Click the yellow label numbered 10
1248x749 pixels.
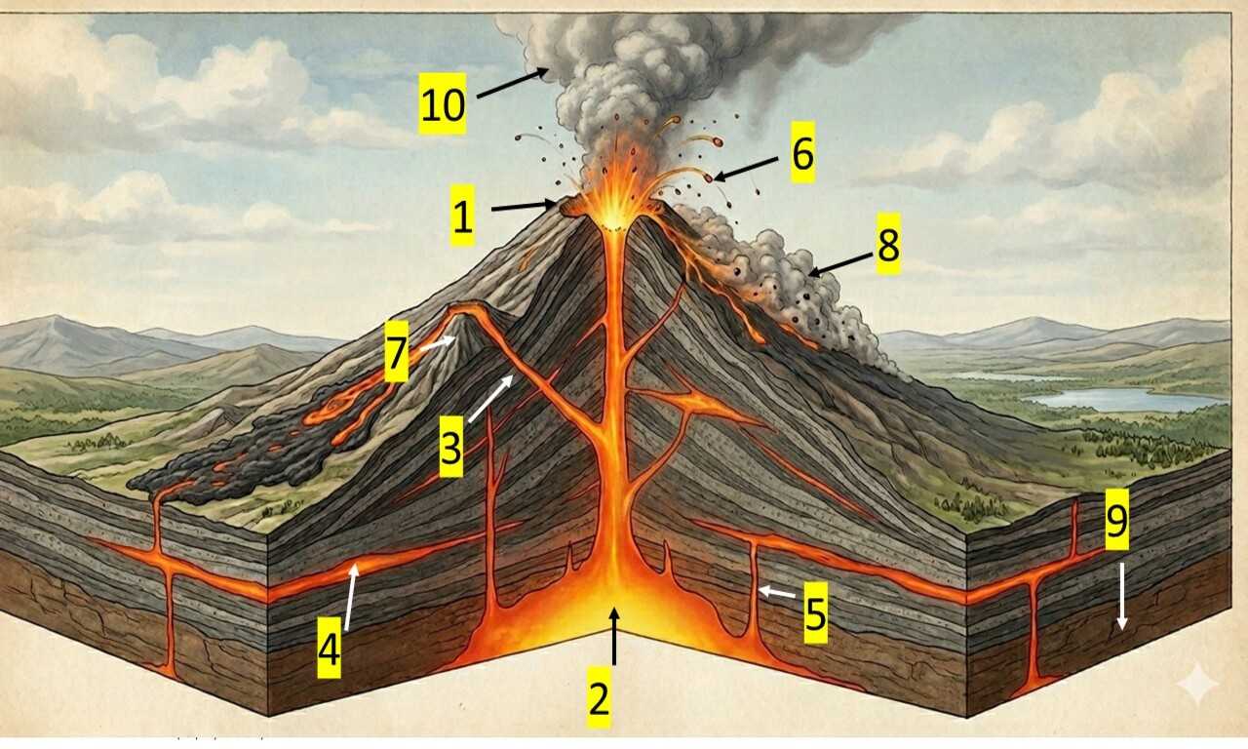click(x=443, y=104)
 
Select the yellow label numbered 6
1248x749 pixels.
click(x=801, y=154)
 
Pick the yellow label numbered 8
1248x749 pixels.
click(x=887, y=245)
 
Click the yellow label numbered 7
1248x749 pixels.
click(x=396, y=357)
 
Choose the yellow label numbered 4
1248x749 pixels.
click(x=330, y=649)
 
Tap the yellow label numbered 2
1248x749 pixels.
click(x=599, y=698)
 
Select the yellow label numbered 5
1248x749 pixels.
click(x=815, y=614)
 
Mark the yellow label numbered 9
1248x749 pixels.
click(x=1116, y=521)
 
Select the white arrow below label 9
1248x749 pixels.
click(x=1122, y=595)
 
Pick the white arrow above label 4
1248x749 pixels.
click(x=350, y=596)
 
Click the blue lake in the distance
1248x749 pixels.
click(x=1121, y=399)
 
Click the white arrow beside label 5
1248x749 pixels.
click(x=777, y=591)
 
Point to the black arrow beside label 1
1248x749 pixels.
click(x=523, y=207)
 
